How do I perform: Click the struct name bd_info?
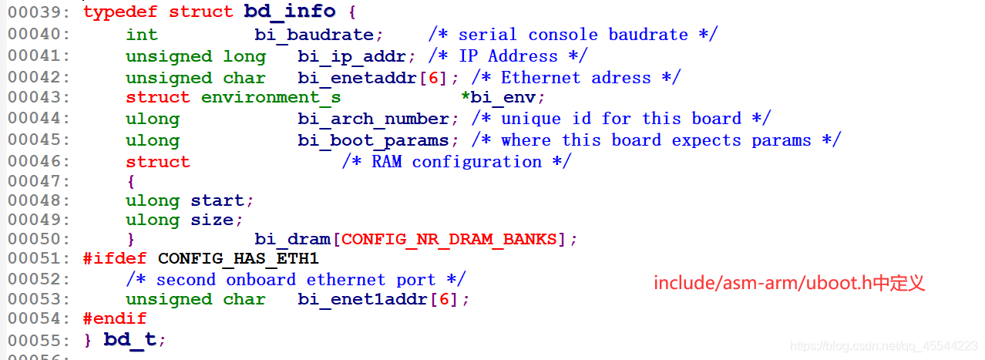pyautogui.click(x=290, y=12)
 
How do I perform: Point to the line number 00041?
pyautogui.click(x=39, y=56)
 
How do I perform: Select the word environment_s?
pyautogui.click(x=271, y=97)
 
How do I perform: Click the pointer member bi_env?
pyautogui.click(x=506, y=97)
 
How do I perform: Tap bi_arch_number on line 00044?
pyautogui.click(x=373, y=119)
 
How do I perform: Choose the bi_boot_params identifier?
pyautogui.click(x=373, y=140)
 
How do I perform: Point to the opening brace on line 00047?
pyautogui.click(x=131, y=181)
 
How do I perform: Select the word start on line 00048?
pyautogui.click(x=217, y=200)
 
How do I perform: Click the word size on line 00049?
pyautogui.click(x=212, y=220)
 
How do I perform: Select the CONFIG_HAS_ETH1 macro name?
pyautogui.click(x=238, y=258)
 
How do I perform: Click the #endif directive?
pyautogui.click(x=115, y=318)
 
